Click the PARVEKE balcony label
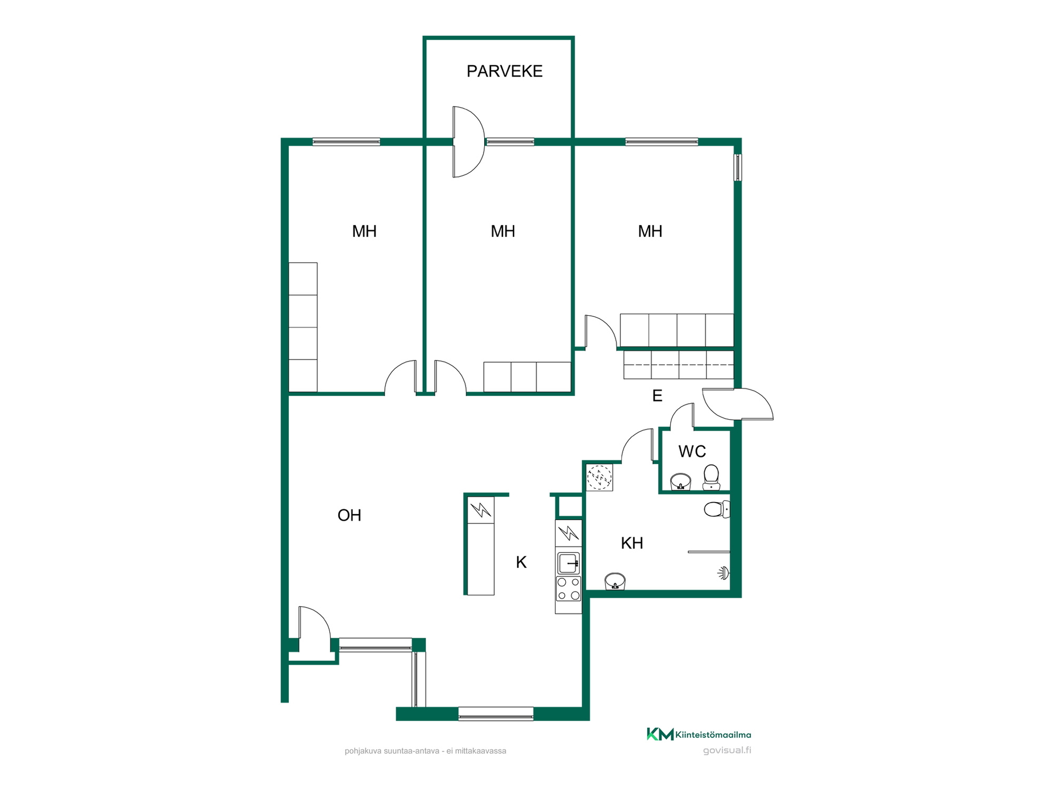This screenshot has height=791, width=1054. [504, 71]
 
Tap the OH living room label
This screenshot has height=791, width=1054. [349, 515]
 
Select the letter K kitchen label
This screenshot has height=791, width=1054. [522, 562]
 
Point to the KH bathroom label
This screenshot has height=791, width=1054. [632, 543]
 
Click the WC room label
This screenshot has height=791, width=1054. [692, 452]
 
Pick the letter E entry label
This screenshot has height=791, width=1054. [657, 396]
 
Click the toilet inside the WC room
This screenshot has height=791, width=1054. [711, 477]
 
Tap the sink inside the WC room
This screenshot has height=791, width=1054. [681, 482]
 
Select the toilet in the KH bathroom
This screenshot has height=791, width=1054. [717, 509]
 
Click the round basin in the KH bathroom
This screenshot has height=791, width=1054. [615, 581]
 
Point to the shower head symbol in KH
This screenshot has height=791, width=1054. [724, 573]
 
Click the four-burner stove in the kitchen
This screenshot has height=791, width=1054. [568, 588]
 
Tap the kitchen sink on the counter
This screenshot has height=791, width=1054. [569, 563]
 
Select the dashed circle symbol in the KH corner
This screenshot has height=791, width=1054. [599, 477]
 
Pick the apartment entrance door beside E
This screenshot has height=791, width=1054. [737, 404]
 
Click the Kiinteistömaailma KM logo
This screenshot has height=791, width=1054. [699, 734]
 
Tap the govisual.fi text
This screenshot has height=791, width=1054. [727, 750]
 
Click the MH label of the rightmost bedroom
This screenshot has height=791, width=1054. [650, 231]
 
